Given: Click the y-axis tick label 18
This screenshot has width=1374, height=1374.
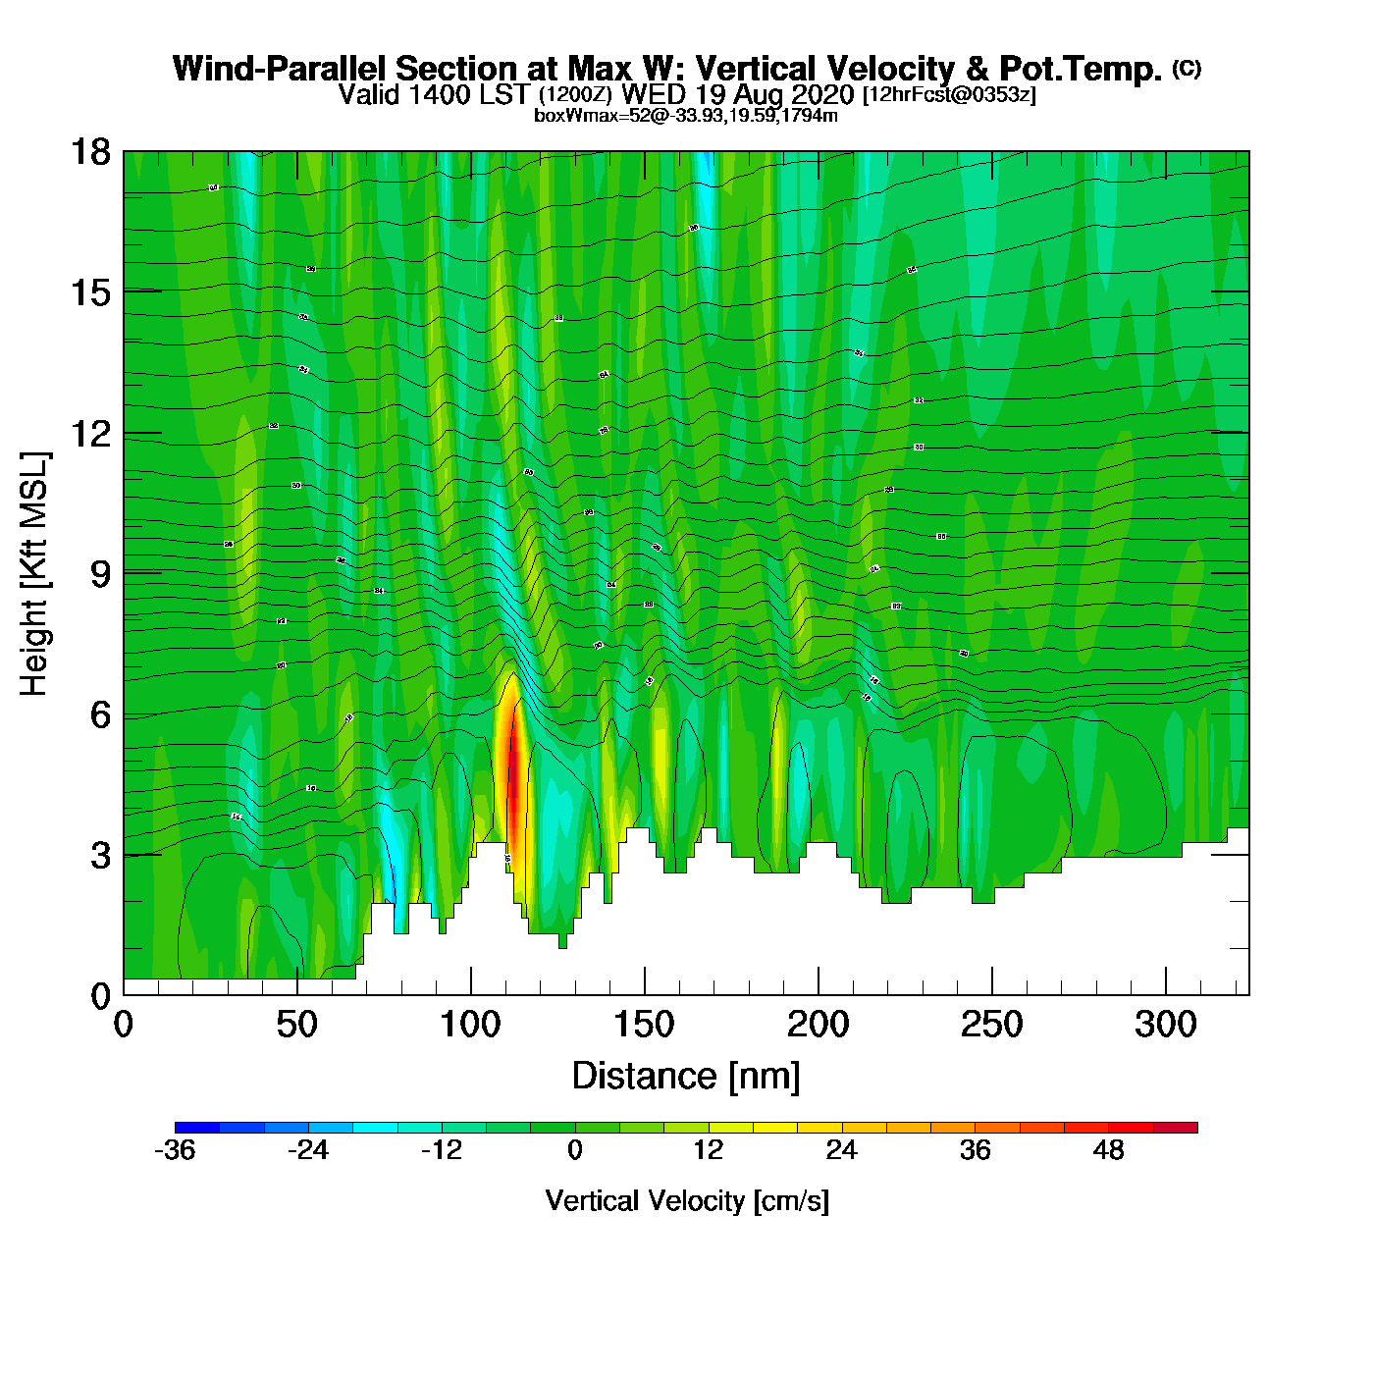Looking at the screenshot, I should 89,152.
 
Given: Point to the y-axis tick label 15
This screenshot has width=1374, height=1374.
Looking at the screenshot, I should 89,292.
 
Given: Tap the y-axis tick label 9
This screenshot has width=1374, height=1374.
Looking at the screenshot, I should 100,574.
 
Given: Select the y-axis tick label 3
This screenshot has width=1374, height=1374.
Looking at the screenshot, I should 100,856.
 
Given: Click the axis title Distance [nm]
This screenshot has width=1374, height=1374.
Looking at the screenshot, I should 686,1077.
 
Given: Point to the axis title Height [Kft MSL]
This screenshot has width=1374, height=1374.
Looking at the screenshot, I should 34,574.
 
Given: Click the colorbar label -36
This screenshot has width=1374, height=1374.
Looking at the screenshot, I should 175,1150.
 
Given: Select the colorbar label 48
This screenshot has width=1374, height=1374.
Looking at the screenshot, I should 1108,1150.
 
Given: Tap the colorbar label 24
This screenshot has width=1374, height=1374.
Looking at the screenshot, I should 841,1150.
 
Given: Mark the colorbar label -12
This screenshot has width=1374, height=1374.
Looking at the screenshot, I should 441,1150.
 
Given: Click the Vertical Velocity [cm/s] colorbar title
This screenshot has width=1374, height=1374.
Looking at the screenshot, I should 686,1201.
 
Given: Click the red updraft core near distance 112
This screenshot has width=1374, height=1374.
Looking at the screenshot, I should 511,785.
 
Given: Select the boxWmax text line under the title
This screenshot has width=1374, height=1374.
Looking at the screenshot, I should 685,116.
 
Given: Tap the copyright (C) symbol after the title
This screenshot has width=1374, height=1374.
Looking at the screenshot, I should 1186,68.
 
